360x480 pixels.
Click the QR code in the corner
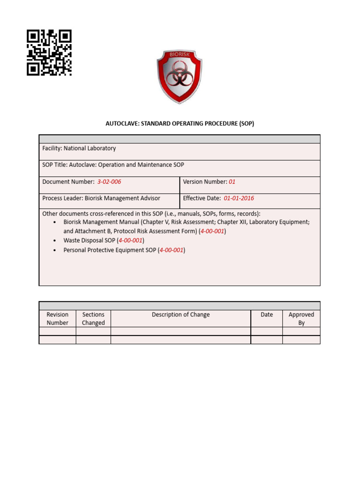49,52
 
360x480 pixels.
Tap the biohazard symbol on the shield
179,77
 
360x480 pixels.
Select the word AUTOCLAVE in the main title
123,124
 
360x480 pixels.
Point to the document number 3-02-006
109,182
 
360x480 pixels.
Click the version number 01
232,182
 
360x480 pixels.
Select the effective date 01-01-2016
239,198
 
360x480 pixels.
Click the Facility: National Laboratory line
79,148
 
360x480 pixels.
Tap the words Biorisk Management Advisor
122,198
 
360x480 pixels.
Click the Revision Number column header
57,319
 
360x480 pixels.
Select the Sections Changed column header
93,319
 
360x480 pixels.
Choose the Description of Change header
180,315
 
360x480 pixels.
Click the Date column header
267,315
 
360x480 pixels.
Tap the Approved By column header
301,319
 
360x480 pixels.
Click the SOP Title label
57,165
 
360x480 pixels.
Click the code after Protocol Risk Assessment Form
212,231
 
